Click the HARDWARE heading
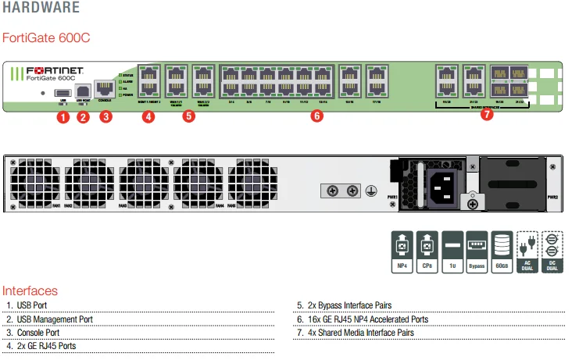41,9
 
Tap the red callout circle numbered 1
63,117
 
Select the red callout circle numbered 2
84,117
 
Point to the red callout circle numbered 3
105,117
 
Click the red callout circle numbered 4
148,116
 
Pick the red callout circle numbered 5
188,116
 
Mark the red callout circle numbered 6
316,116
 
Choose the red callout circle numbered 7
487,114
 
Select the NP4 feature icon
401,251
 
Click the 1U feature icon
452,251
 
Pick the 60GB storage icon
502,251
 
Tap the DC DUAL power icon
552,251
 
